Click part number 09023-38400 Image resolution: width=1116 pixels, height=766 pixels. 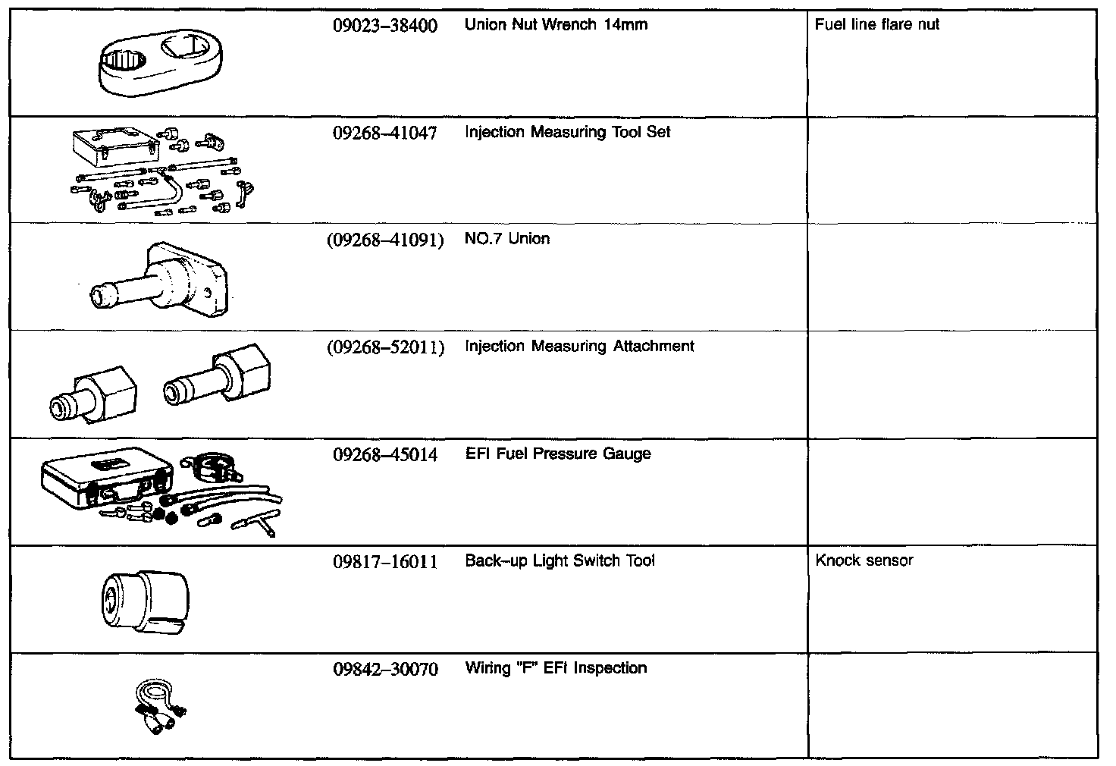[x=385, y=26]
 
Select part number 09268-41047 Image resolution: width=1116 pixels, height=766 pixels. [x=385, y=133]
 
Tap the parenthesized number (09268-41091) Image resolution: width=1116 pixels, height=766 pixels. [x=385, y=240]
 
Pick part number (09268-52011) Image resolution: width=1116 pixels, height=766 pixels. [x=385, y=348]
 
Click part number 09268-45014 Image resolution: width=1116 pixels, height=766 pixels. [x=385, y=455]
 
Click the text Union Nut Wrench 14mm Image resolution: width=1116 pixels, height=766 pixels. [x=556, y=25]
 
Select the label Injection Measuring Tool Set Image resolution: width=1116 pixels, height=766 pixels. [x=567, y=133]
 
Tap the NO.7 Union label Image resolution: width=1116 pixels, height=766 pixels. [x=507, y=239]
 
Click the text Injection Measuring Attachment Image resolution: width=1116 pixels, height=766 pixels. [x=579, y=347]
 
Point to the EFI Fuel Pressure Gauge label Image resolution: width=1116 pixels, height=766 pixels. [x=558, y=454]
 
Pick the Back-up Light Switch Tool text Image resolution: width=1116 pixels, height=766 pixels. [x=560, y=561]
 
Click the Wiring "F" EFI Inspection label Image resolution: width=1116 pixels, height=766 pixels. [x=556, y=668]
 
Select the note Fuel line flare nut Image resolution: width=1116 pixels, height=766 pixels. [x=876, y=25]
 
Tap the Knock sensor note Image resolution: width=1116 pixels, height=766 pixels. [x=864, y=561]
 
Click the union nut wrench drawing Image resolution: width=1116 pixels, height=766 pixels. [x=160, y=66]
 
